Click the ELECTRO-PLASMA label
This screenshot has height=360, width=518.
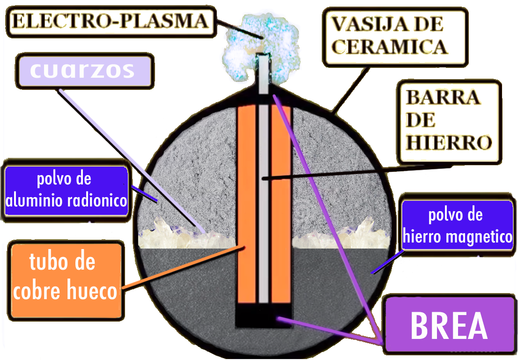tap(111, 22)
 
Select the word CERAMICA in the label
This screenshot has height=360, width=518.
tap(390, 46)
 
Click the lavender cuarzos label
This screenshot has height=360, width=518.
tap(85, 71)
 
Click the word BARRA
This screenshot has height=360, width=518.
tap(443, 97)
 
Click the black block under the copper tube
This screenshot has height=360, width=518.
tap(264, 316)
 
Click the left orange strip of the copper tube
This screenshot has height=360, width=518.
tap(247, 205)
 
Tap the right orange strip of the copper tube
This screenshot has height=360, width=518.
tap(281, 205)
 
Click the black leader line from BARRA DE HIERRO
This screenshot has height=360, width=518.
tap(357, 172)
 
